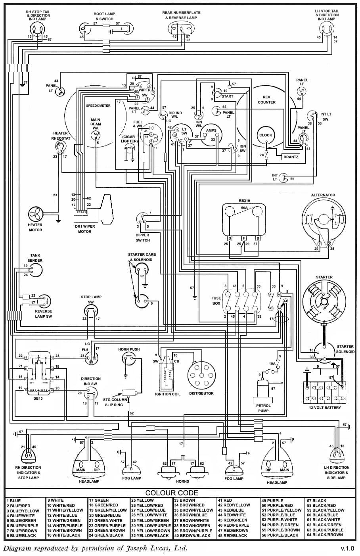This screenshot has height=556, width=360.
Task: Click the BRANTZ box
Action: [291, 157]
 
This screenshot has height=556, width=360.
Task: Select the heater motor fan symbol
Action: [35, 215]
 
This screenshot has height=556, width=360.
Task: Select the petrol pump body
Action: [263, 391]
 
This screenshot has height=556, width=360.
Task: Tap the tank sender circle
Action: [35, 270]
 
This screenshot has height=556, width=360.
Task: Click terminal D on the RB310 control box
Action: [230, 238]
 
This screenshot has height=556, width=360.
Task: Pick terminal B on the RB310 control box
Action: [258, 238]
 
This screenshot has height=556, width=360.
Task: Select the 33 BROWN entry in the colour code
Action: [185, 500]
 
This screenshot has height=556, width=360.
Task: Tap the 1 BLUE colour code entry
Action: [14, 500]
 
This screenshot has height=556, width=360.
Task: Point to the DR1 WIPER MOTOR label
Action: [83, 229]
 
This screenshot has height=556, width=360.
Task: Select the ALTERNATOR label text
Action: [323, 195]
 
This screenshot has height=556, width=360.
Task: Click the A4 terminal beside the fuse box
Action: [280, 308]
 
